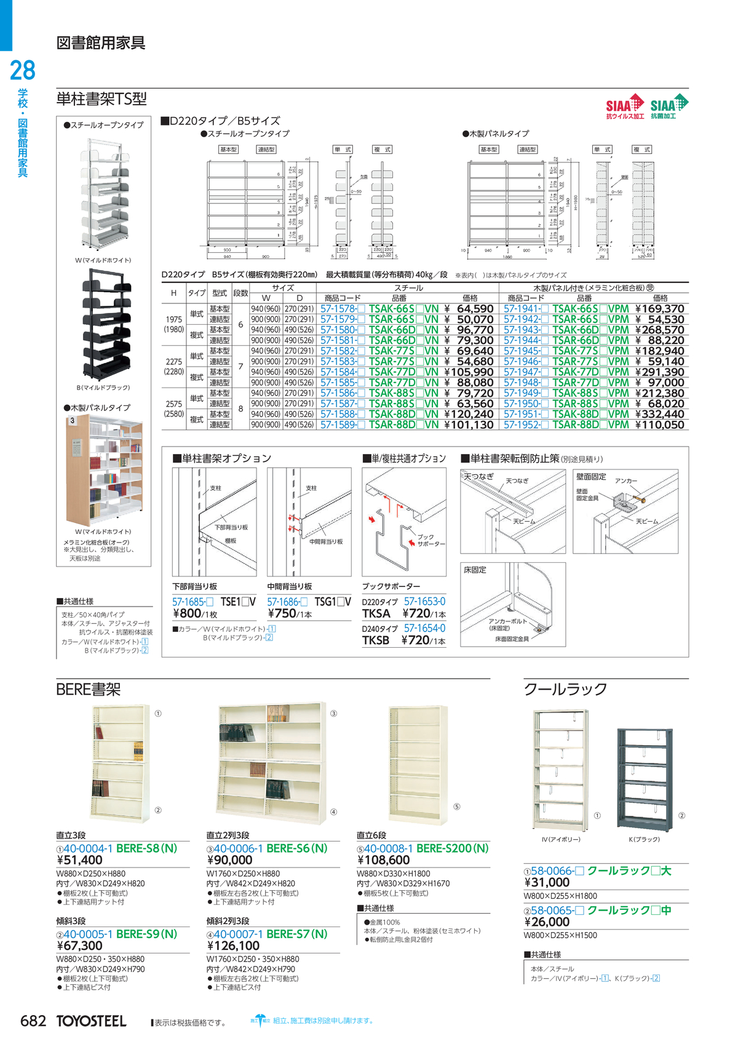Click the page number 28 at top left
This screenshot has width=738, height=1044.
(x=23, y=71)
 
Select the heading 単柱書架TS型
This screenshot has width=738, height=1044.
(x=101, y=99)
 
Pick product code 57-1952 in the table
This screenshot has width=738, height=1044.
(x=522, y=424)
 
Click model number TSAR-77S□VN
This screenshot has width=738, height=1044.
(x=403, y=361)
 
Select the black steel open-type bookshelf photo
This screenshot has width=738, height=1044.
(x=105, y=327)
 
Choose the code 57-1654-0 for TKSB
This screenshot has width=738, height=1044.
(x=424, y=628)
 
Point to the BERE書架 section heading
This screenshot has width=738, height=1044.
(x=89, y=689)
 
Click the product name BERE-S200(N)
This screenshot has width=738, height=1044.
(x=452, y=848)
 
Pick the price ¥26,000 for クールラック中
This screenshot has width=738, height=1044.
(x=547, y=922)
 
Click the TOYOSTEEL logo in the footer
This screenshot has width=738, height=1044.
(x=91, y=1021)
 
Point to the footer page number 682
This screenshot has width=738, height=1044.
(x=33, y=1021)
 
